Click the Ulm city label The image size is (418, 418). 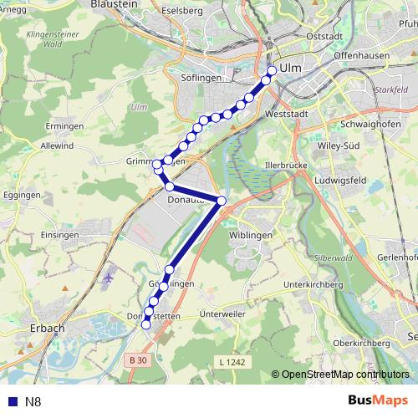click(290, 68)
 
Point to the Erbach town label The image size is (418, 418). click(47, 329)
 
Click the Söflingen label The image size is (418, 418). click(199, 78)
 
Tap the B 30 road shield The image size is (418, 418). click(140, 360)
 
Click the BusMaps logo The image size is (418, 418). click(378, 401)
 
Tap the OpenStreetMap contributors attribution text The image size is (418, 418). click(344, 375)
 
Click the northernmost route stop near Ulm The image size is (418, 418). click(272, 70)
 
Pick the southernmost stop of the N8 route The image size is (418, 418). click(145, 325)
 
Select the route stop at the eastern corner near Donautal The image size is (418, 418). click(222, 201)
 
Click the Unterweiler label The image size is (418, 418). click(223, 313)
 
